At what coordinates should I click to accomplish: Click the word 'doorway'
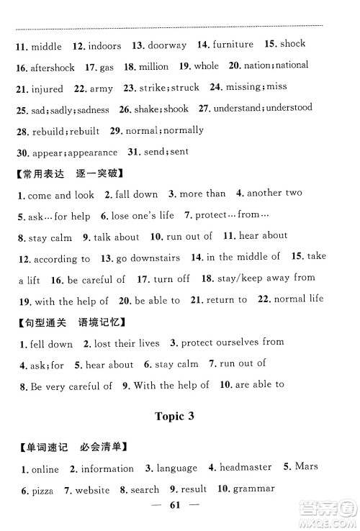click(x=167, y=45)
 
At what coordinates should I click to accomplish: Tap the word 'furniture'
click(x=233, y=45)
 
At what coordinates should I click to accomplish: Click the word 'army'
click(x=101, y=88)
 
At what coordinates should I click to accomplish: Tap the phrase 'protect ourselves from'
click(x=233, y=342)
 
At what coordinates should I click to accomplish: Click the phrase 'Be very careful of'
click(x=71, y=386)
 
